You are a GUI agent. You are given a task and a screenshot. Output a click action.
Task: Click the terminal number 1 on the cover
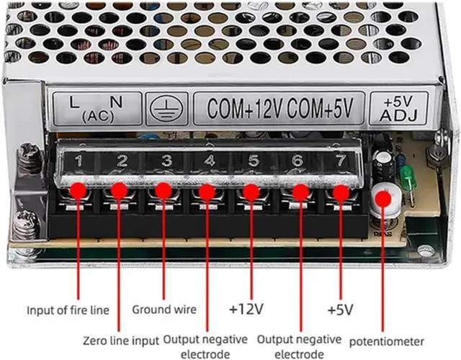(x=79, y=161)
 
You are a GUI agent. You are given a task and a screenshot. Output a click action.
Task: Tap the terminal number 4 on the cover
(x=209, y=160)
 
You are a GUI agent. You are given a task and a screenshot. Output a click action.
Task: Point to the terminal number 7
(x=338, y=159)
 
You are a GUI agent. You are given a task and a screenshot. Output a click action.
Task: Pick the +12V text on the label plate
(x=258, y=108)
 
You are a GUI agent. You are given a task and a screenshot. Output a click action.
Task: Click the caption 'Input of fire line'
(x=68, y=311)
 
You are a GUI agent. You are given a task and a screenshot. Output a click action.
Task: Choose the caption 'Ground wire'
(x=164, y=310)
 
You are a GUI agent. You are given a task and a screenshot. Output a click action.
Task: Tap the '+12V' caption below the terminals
(x=246, y=310)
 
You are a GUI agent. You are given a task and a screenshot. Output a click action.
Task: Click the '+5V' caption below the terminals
(x=340, y=310)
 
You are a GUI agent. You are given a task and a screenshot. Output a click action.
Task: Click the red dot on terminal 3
(x=164, y=190)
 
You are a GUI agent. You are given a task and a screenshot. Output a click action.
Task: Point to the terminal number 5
(x=254, y=160)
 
